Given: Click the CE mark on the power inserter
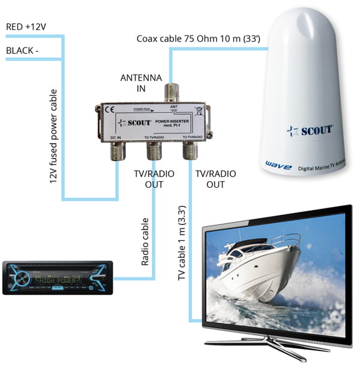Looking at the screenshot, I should click(110, 110).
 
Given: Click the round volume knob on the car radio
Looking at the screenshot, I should click(21, 278).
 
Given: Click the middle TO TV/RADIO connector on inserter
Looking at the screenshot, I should click(154, 152).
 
